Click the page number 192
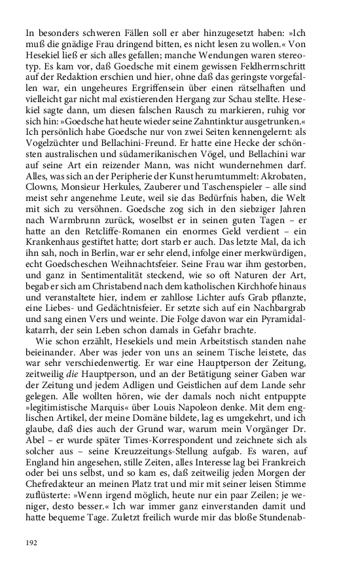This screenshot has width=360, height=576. point(32,543)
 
